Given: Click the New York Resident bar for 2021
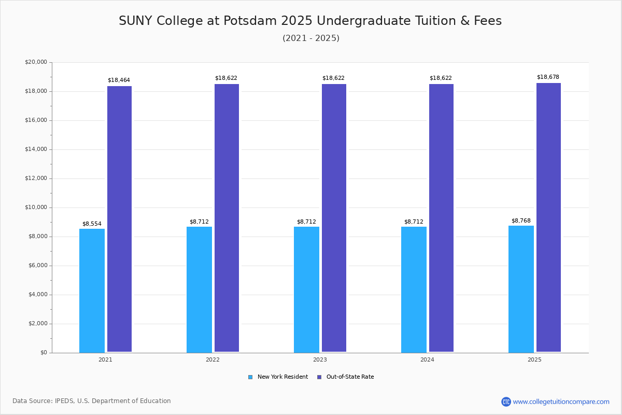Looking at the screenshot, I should click(92, 290).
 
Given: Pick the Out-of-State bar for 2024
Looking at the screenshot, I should click(441, 218).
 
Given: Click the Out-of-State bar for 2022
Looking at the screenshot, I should click(227, 218).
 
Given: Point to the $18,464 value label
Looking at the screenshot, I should click(119, 80).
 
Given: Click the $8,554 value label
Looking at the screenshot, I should click(92, 224).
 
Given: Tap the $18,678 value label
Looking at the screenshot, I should click(548, 77).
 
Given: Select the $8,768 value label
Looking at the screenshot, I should click(521, 221).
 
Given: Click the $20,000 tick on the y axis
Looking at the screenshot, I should click(36, 62).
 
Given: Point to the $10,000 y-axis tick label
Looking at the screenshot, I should click(36, 208).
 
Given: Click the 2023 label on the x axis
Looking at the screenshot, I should click(320, 359).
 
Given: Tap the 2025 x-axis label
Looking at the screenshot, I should click(534, 359).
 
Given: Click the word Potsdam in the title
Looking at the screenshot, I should click(250, 21).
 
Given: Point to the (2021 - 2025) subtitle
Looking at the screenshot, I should click(311, 38).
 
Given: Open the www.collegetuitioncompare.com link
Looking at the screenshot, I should click(561, 402).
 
